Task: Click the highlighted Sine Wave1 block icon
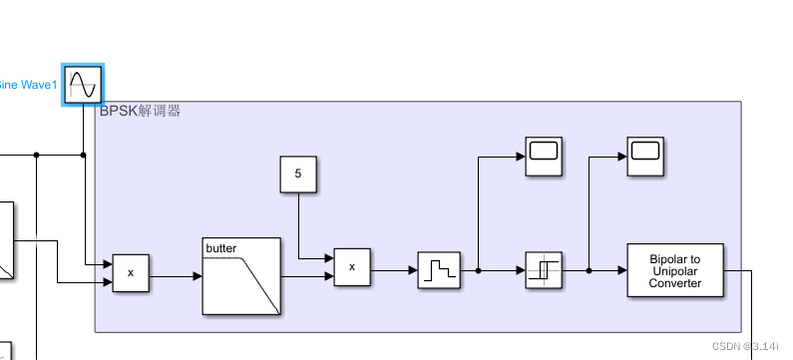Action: point(82,86)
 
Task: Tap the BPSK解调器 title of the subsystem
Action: point(140,112)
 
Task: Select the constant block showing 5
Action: point(298,174)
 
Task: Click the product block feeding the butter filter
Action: point(131,272)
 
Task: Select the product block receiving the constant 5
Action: point(352,267)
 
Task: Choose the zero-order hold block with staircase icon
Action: point(439,270)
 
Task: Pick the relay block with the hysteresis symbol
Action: point(545,270)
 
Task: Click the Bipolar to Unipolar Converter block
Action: point(675,270)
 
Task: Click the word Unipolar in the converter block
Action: point(675,271)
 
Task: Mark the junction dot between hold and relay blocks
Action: point(479,270)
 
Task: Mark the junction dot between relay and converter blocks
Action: point(590,270)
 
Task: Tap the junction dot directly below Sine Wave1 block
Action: point(83,155)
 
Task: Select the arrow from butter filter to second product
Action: point(307,276)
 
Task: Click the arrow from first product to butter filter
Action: point(176,276)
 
